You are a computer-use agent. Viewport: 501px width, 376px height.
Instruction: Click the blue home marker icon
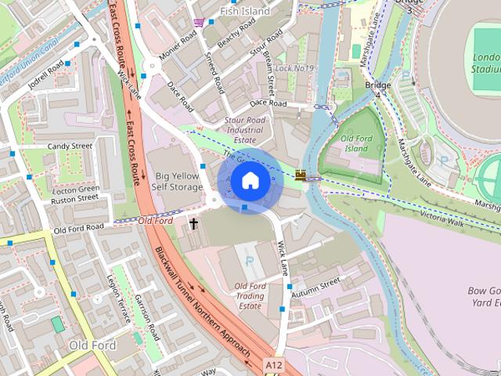coord(249,180)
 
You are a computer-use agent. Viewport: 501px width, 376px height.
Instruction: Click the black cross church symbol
coord(193,224)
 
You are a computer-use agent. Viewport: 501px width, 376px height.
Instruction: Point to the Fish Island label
coord(244,11)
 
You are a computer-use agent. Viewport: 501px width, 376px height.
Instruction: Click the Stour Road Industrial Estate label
coord(245,129)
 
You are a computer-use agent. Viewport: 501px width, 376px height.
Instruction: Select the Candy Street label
coord(70,146)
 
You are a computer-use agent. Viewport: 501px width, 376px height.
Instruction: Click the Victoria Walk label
coord(442,214)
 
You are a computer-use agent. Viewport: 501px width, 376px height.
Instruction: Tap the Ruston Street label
coord(74,199)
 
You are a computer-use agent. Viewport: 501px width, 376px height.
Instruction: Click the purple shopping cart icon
coord(200,22)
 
